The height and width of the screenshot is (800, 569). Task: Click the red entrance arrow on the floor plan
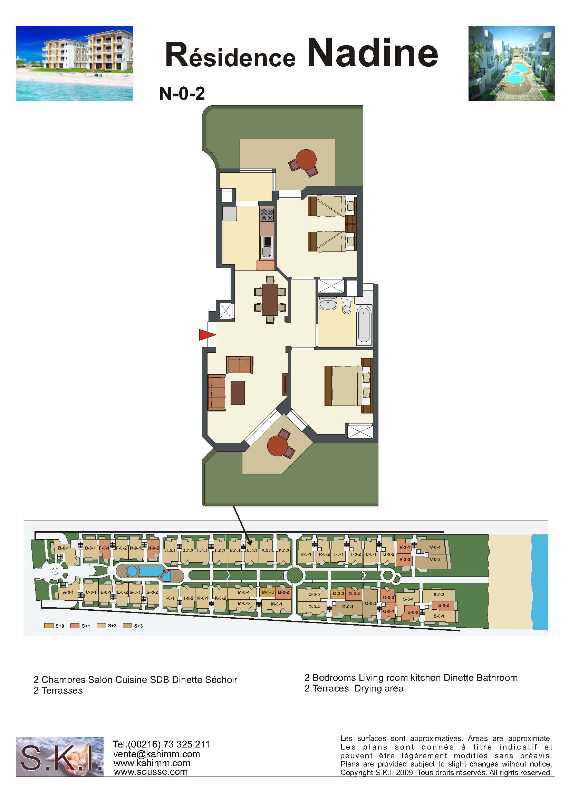point(206,335)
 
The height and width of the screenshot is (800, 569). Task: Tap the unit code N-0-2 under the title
point(182,94)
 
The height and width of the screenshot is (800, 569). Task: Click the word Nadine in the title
point(373,53)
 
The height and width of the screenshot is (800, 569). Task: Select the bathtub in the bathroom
point(364,325)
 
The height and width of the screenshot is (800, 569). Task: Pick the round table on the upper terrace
point(306,160)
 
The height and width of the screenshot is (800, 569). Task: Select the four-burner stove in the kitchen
point(267,215)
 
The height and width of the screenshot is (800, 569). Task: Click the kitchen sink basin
point(267,251)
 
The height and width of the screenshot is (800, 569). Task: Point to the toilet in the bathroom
point(347,306)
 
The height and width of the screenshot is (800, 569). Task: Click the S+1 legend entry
point(80,626)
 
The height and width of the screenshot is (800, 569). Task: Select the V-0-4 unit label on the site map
point(435,547)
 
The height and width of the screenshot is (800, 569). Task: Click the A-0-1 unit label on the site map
point(68,592)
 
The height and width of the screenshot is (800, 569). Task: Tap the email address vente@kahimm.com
point(157,754)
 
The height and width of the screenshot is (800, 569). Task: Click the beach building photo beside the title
point(75,64)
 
